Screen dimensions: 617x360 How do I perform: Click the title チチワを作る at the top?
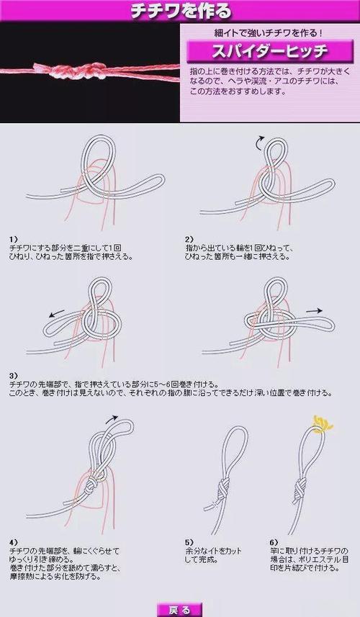click(180, 11)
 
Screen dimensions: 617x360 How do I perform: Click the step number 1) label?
click(13, 238)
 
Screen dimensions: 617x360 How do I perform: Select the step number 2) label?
click(189, 238)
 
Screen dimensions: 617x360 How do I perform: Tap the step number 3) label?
click(13, 375)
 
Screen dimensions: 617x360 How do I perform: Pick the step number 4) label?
click(13, 541)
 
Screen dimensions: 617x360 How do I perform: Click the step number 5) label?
click(189, 541)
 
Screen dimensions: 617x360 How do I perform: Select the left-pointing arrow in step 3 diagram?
click(55, 314)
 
